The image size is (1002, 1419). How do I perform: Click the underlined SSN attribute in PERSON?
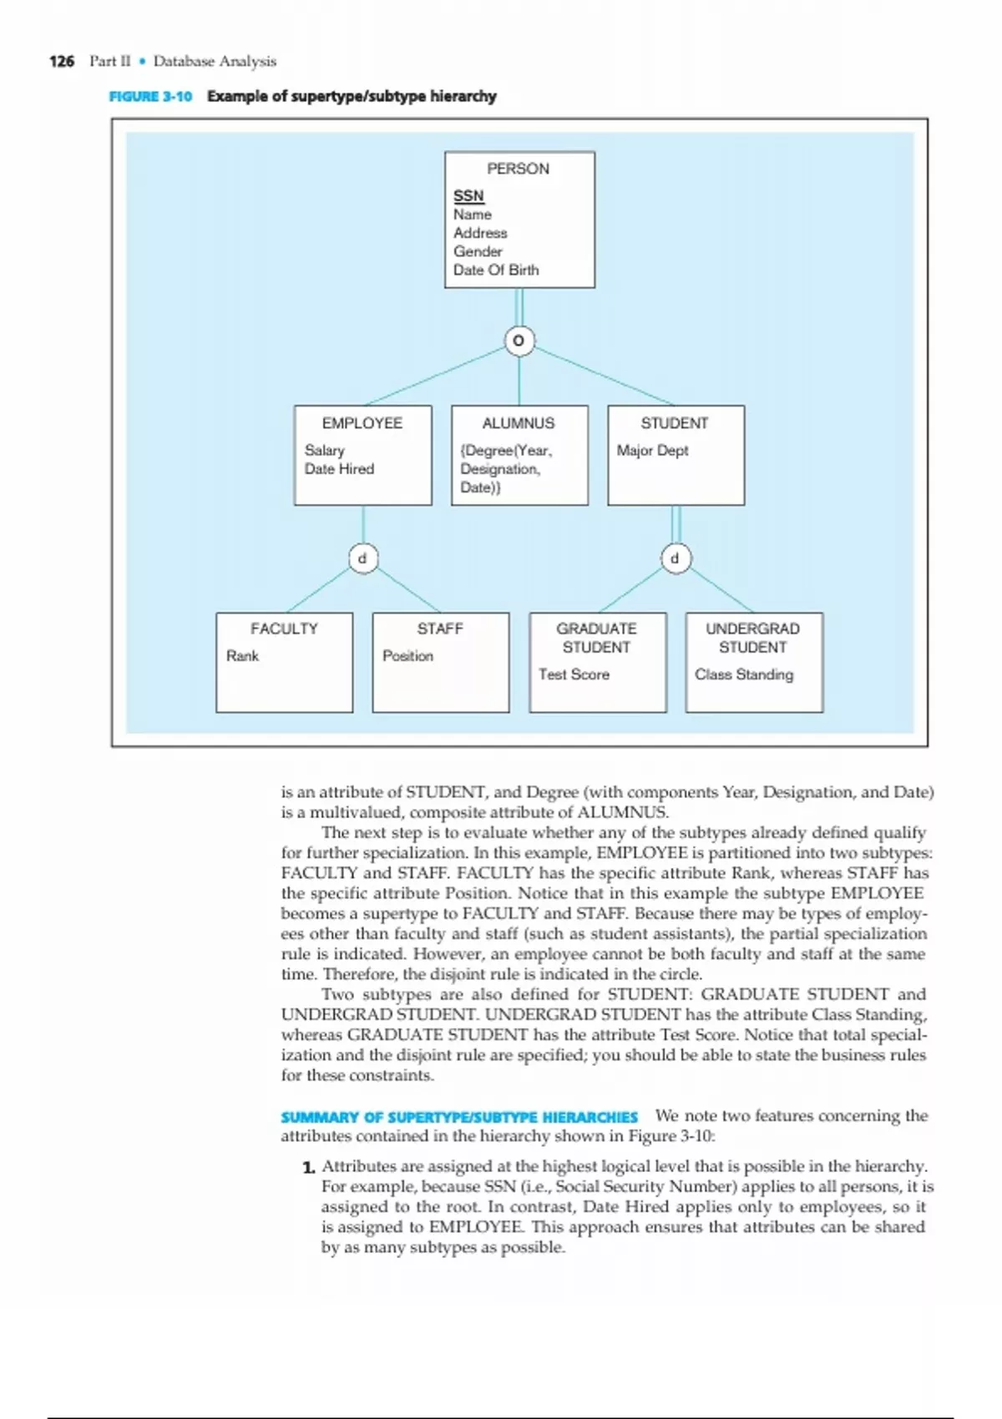[x=468, y=196]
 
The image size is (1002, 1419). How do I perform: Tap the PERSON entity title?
[x=518, y=169]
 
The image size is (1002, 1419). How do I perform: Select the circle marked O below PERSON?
[x=519, y=341]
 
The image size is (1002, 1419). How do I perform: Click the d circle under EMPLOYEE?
[x=362, y=558]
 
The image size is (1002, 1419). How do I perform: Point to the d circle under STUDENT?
[x=676, y=558]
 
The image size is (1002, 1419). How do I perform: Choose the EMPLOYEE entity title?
[x=362, y=423]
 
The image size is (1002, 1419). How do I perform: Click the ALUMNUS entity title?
[x=518, y=423]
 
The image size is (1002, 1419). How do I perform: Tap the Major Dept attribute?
[x=652, y=451]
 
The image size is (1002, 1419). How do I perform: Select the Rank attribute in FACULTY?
[x=242, y=656]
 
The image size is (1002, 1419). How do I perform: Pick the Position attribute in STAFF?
[x=407, y=656]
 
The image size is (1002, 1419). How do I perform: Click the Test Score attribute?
[x=574, y=674]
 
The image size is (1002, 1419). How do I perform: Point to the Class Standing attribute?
[x=744, y=674]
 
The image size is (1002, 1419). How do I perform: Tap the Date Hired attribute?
[x=339, y=469]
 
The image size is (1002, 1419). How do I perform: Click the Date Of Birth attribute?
[x=496, y=270]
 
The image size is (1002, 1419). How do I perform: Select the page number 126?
[x=62, y=61]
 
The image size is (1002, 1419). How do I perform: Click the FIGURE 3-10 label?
[x=150, y=96]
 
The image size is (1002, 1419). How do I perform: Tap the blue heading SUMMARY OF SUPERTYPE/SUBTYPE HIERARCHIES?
[x=459, y=1117]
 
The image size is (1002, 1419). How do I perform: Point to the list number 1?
[x=308, y=1167]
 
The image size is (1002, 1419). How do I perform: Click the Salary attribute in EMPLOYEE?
[x=324, y=451]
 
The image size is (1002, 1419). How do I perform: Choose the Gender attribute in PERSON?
[x=478, y=251]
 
